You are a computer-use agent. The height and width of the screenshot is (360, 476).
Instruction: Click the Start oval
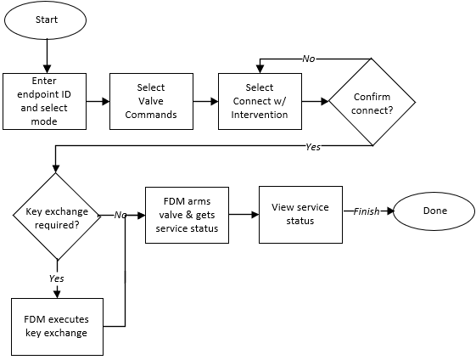click(47, 20)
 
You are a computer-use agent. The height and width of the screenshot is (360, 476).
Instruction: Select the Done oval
click(433, 211)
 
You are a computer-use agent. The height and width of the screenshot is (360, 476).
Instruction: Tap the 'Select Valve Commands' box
click(150, 101)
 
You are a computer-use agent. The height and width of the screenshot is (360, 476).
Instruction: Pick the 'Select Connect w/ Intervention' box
click(259, 101)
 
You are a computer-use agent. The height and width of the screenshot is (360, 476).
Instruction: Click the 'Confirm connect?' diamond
click(371, 102)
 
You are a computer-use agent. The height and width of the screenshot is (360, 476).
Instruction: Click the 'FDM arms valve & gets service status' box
click(187, 216)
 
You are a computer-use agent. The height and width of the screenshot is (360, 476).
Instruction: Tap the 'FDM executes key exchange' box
click(56, 326)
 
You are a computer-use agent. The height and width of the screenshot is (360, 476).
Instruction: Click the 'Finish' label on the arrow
click(367, 211)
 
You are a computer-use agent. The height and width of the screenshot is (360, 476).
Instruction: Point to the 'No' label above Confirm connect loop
click(310, 58)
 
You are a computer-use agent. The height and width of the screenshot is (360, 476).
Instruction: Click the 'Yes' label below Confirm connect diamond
click(313, 148)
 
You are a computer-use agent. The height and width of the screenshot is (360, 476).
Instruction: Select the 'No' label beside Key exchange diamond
click(120, 216)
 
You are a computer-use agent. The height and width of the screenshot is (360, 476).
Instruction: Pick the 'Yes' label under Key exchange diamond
click(56, 278)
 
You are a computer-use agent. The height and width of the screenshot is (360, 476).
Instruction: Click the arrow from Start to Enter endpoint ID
click(47, 55)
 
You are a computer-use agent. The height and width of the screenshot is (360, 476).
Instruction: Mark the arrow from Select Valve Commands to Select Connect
click(204, 101)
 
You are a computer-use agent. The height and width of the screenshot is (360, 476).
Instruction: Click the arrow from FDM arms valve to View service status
click(244, 215)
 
